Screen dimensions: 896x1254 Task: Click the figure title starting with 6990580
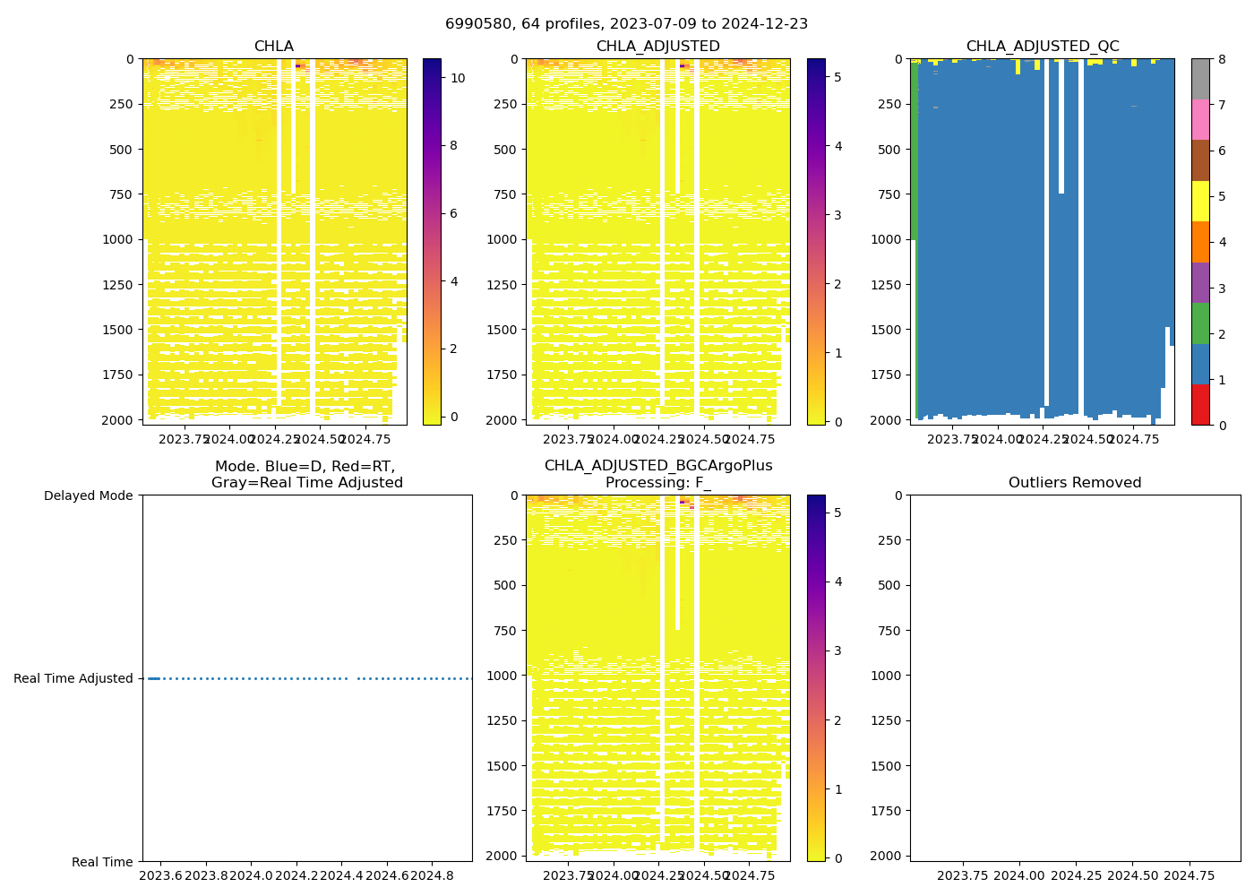pos(626,24)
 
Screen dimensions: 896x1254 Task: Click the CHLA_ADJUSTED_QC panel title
pos(1042,47)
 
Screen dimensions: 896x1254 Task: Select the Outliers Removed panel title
pos(1075,483)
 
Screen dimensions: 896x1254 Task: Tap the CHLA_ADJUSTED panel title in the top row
pos(657,47)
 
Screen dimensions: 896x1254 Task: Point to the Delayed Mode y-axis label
pos(88,495)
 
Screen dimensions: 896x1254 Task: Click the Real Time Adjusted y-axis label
pos(73,678)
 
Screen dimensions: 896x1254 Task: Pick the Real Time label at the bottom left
pos(102,862)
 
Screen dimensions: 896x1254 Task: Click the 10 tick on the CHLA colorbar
pos(458,78)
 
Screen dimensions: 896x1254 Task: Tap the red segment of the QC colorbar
pos(1200,405)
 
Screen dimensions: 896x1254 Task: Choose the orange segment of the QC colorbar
pos(1200,242)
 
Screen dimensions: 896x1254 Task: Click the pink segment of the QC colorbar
pos(1200,119)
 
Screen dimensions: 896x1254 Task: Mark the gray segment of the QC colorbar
pos(1200,79)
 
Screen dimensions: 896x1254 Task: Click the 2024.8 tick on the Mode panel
pos(434,875)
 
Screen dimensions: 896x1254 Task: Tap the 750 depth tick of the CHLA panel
pos(123,194)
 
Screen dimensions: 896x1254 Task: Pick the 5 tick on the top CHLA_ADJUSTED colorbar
pos(837,78)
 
